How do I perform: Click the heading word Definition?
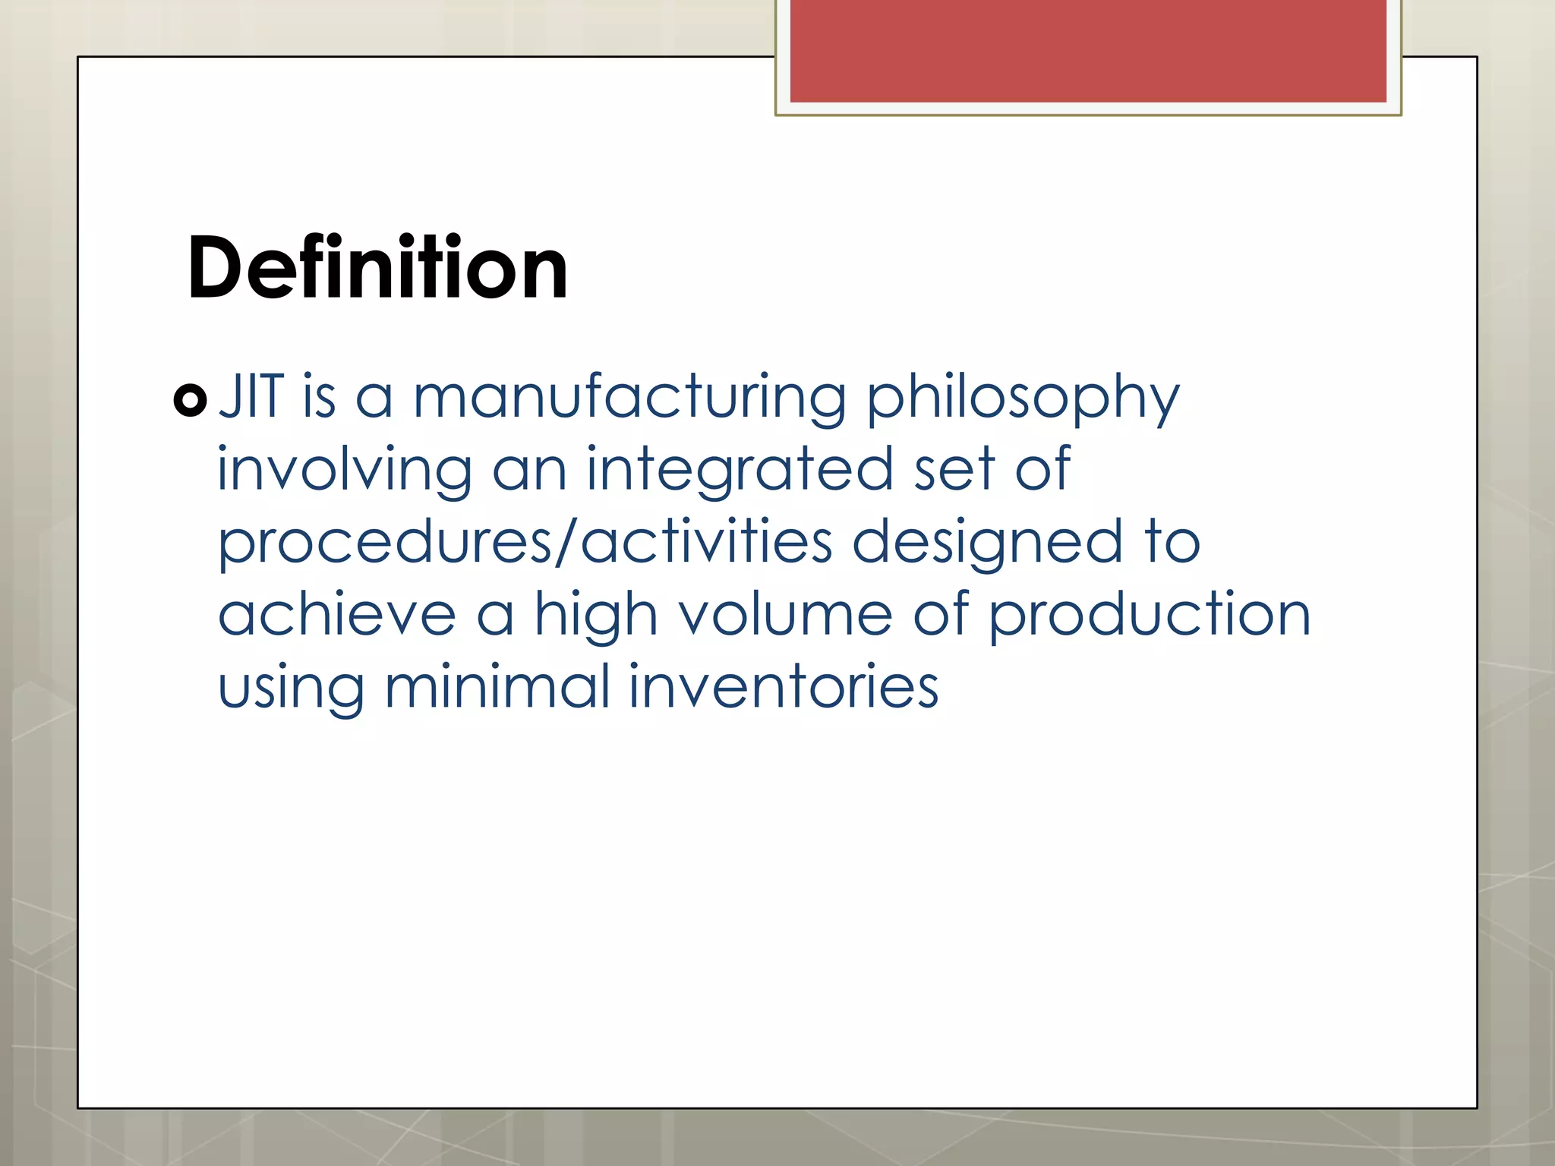tap(377, 268)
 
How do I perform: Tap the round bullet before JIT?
tap(190, 400)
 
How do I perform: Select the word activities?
tap(707, 542)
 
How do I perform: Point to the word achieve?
tap(337, 614)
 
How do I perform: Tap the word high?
tap(595, 615)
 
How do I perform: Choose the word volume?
tap(785, 614)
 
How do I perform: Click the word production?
tap(1150, 615)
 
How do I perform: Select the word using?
tap(291, 688)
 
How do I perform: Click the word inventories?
tap(784, 686)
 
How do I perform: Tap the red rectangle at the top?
tap(1088, 51)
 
